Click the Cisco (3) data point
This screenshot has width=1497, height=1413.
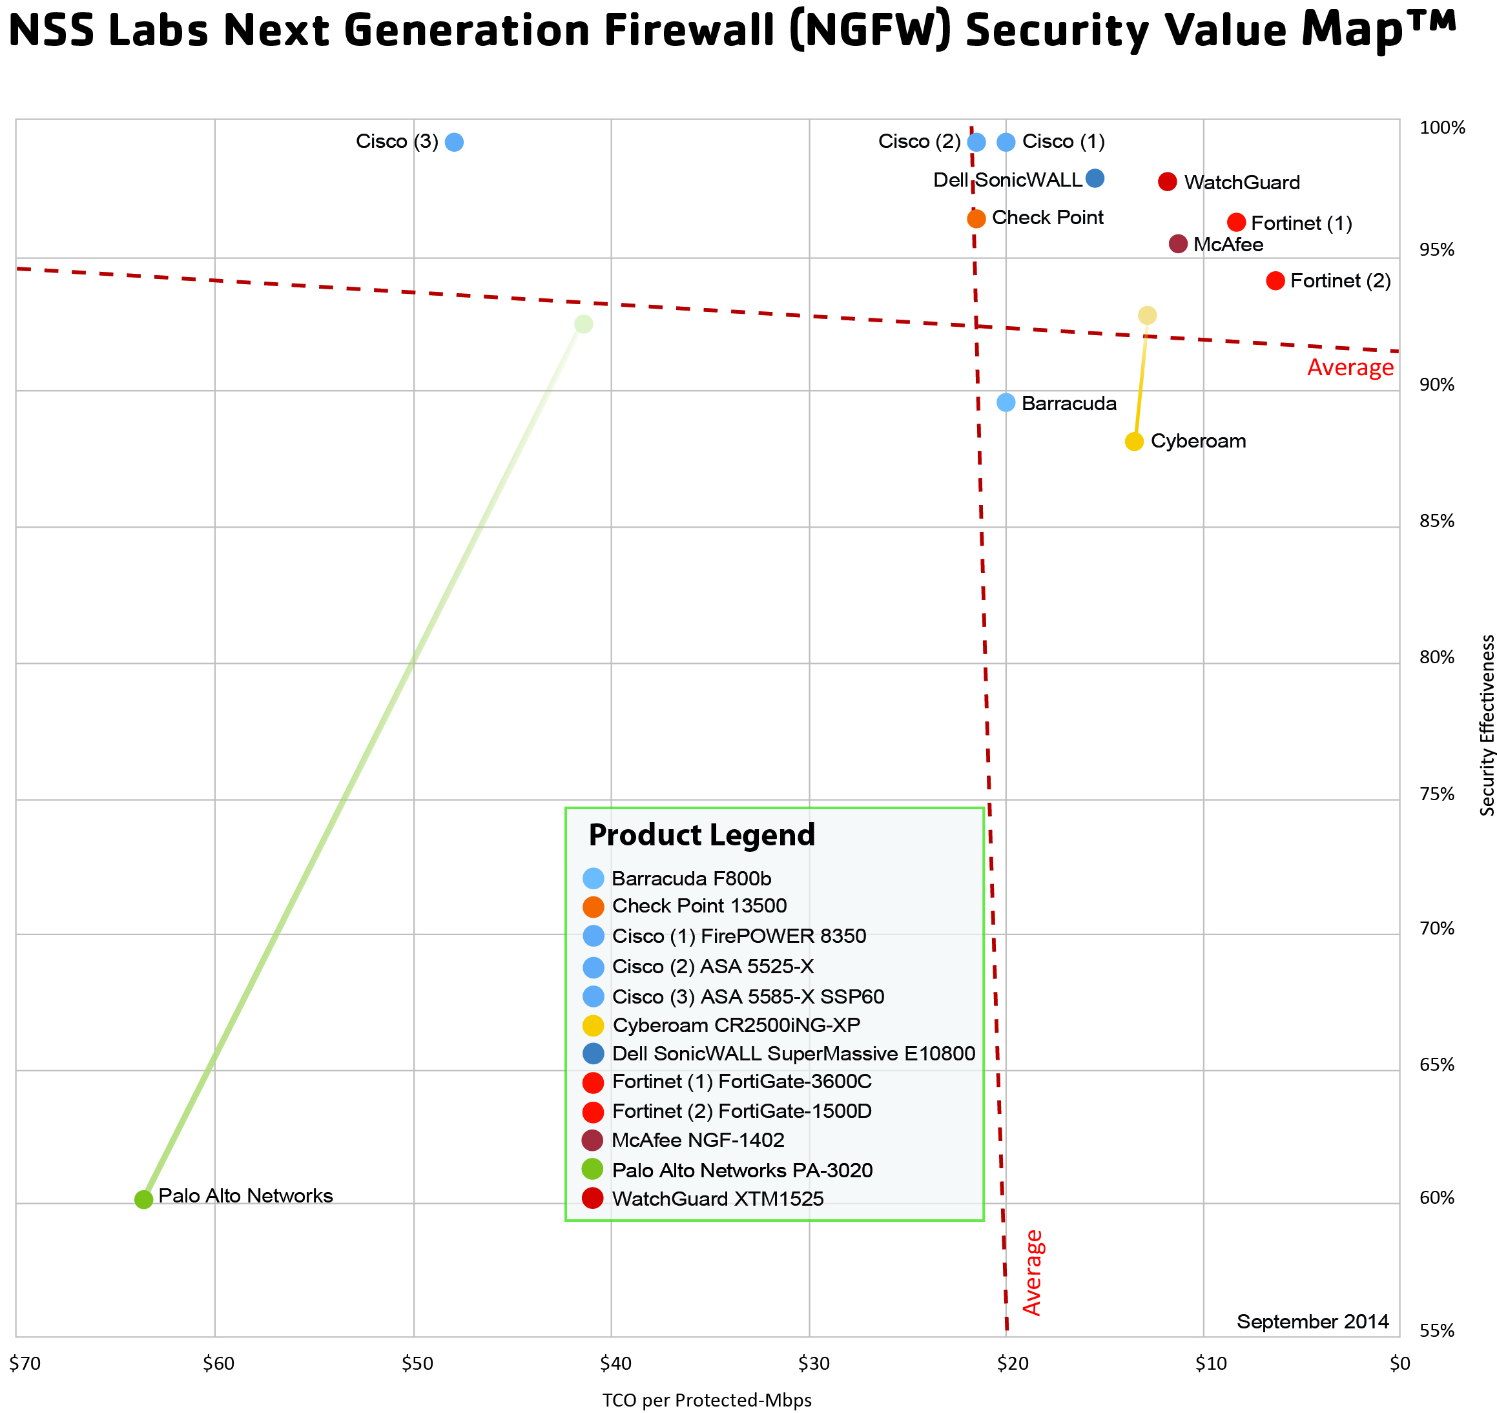[453, 141]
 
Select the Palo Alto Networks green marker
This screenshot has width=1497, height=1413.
[144, 1199]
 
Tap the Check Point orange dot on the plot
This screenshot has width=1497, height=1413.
[976, 218]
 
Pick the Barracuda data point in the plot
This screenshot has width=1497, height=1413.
[1006, 402]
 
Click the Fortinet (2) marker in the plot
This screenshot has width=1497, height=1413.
[1275, 281]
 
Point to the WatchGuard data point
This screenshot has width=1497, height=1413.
[1167, 181]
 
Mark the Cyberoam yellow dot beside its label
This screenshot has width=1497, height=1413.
[1134, 441]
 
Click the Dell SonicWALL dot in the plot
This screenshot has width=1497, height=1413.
[1095, 178]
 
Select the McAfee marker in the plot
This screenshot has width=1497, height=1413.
[1177, 244]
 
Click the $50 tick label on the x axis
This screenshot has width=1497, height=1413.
[417, 1363]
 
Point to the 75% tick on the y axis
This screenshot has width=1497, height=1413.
[1437, 794]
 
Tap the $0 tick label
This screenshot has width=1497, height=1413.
[1400, 1363]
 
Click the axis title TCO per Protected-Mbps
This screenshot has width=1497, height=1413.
[707, 1400]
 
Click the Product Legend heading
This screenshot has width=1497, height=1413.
[701, 835]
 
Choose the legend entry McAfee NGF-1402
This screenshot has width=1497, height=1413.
[697, 1140]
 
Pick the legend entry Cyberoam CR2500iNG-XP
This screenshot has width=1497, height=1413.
[736, 1025]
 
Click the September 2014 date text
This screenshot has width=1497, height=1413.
[1312, 1322]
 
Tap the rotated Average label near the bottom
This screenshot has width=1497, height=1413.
[1033, 1272]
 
